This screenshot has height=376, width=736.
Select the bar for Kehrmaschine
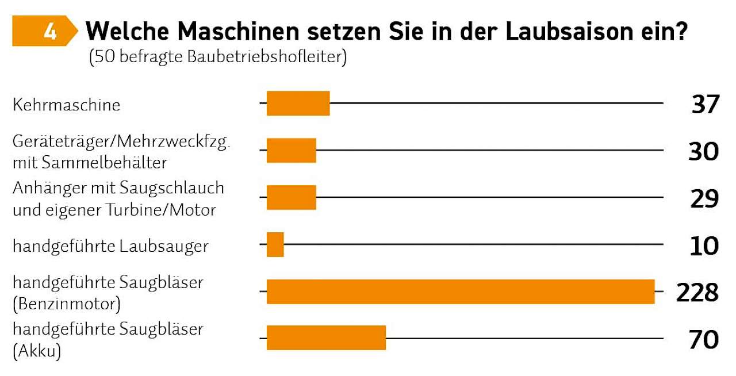click(x=298, y=103)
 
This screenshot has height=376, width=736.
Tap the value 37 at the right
click(x=705, y=105)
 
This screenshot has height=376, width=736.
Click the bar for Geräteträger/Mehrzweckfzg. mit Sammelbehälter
click(x=291, y=151)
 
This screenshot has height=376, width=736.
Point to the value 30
click(x=704, y=152)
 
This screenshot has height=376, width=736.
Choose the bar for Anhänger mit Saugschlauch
click(x=291, y=198)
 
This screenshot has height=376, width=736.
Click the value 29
click(x=704, y=199)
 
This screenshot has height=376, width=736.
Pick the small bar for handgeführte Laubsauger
click(x=275, y=245)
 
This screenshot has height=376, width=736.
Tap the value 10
click(x=704, y=245)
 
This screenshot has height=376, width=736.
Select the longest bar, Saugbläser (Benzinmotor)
click(x=460, y=291)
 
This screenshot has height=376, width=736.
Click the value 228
click(x=697, y=293)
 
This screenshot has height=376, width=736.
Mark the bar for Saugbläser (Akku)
click(x=326, y=338)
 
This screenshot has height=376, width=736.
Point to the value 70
click(x=704, y=339)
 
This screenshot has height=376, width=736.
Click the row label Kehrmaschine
click(x=66, y=105)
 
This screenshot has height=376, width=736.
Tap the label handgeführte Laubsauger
click(x=110, y=246)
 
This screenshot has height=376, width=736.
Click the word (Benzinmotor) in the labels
click(x=66, y=303)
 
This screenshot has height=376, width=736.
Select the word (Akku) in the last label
click(x=37, y=350)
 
